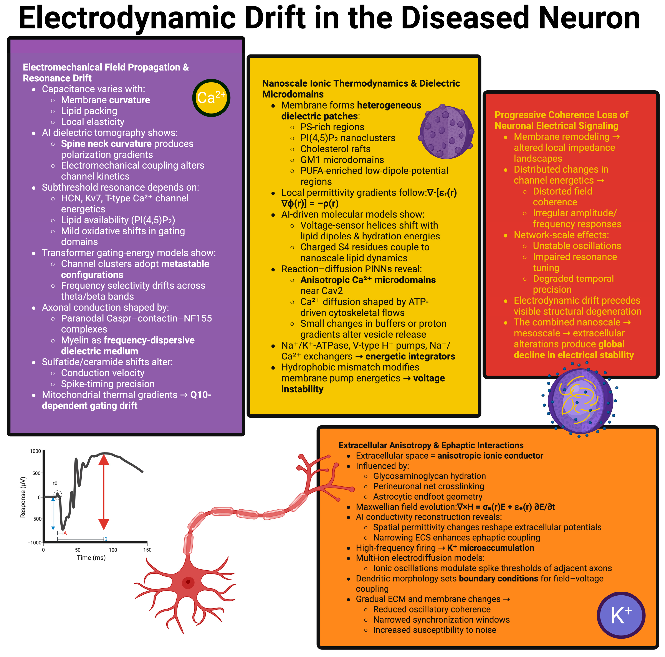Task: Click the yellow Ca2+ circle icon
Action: tap(211, 98)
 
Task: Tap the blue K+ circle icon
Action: tap(621, 615)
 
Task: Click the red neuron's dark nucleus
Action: tap(188, 582)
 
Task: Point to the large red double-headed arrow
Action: tap(104, 492)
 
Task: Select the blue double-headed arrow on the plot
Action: tap(53, 513)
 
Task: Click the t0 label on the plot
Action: tap(55, 483)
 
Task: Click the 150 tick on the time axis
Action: tap(147, 550)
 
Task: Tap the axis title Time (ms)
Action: tap(91, 558)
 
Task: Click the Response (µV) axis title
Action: tap(23, 497)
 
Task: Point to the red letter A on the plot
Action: tap(65, 533)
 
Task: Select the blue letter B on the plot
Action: tap(106, 539)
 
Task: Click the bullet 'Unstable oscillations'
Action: tap(577, 246)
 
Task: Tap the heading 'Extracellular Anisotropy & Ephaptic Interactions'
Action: tap(431, 445)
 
